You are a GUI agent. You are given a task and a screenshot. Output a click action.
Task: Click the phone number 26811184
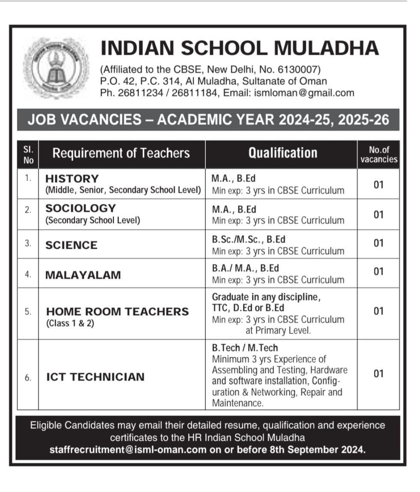(x=192, y=92)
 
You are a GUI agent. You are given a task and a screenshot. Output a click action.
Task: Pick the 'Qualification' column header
(x=283, y=153)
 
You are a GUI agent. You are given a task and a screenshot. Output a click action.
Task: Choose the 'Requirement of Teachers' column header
(x=121, y=153)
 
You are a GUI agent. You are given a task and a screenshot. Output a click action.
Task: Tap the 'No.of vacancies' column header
(x=378, y=154)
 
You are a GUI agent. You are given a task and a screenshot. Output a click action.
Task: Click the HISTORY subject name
(x=72, y=179)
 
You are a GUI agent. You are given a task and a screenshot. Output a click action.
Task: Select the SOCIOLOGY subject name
(x=81, y=208)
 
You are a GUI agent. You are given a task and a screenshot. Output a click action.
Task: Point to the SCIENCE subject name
(x=71, y=245)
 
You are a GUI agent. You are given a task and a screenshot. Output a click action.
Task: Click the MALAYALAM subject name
(x=83, y=274)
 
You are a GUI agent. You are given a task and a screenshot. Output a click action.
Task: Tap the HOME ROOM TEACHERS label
(x=117, y=311)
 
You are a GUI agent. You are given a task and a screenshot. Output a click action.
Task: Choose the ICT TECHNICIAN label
(x=95, y=377)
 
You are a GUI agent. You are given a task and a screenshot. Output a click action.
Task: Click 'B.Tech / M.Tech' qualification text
(x=245, y=348)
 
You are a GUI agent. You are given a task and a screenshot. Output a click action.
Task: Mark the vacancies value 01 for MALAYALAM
(x=378, y=271)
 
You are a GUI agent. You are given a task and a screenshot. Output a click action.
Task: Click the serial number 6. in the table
(x=28, y=378)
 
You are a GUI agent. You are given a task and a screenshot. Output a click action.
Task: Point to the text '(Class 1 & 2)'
(x=70, y=323)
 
